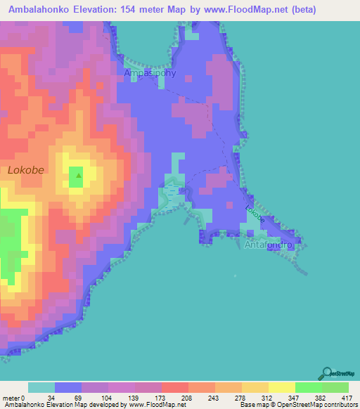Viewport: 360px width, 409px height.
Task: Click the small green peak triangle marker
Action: point(79,176)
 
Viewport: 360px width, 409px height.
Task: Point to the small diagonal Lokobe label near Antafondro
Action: point(255,214)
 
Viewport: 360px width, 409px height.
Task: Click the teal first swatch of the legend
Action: point(41,387)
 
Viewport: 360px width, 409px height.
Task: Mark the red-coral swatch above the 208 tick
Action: point(174,387)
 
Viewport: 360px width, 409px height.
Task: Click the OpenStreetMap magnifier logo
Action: point(326,373)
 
